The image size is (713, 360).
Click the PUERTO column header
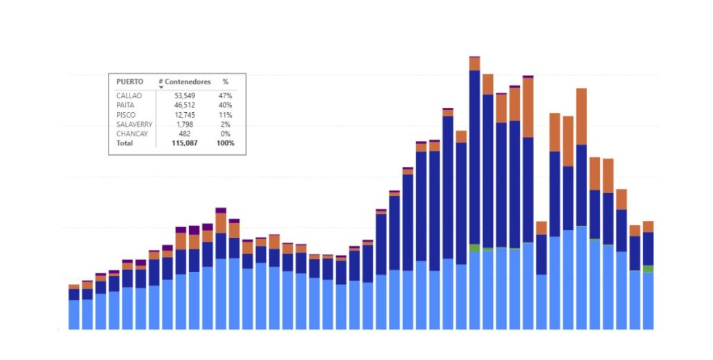pyautogui.click(x=130, y=82)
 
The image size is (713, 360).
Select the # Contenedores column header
pyautogui.click(x=184, y=82)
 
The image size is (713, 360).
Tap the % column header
pyautogui.click(x=226, y=82)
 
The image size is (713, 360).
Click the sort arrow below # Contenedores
pyautogui.click(x=161, y=87)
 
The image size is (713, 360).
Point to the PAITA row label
pyautogui.click(x=125, y=105)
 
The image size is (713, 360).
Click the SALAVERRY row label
pyautogui.click(x=134, y=125)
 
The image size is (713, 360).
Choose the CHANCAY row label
pyautogui.click(x=132, y=134)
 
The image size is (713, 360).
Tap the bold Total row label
pyautogui.click(x=125, y=143)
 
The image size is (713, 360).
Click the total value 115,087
pyautogui.click(x=185, y=143)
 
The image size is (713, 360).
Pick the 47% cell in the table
pyautogui.click(x=226, y=96)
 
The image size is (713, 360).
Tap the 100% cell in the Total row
pyautogui.click(x=225, y=143)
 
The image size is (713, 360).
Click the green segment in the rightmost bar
pyautogui.click(x=648, y=269)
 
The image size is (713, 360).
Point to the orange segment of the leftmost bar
pyautogui.click(x=74, y=287)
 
